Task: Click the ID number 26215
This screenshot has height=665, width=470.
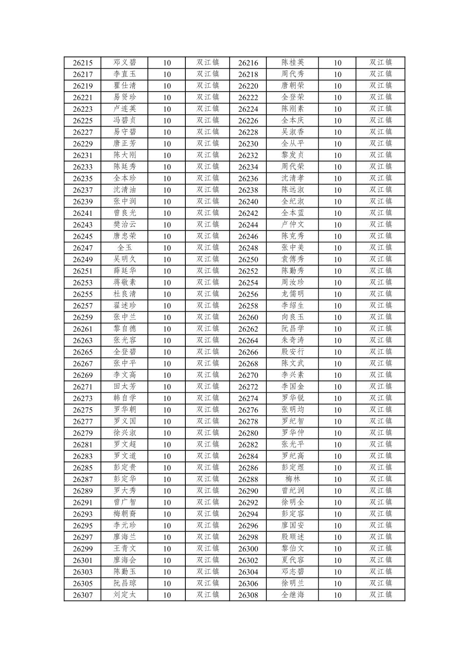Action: click(x=83, y=63)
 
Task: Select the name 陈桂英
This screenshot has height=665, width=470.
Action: click(x=292, y=63)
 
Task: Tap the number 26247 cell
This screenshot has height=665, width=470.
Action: click(x=83, y=248)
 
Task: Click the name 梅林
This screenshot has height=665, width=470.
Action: click(x=292, y=479)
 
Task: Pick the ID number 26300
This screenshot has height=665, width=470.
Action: click(x=248, y=549)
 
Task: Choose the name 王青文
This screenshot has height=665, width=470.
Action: click(x=125, y=549)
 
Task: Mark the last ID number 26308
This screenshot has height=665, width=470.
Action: click(x=248, y=595)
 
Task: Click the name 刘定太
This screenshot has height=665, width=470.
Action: click(x=125, y=595)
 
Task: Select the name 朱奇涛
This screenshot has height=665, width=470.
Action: click(x=292, y=340)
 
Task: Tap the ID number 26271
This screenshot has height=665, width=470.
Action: click(x=83, y=387)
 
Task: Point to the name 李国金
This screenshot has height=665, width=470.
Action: click(x=292, y=387)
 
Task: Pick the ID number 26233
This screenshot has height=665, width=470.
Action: click(x=83, y=167)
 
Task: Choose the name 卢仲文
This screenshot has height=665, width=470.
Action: click(x=292, y=225)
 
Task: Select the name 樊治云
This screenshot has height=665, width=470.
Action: click(x=125, y=225)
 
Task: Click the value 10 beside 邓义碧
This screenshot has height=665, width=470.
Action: click(x=167, y=63)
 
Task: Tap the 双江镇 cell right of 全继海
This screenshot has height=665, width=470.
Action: click(x=380, y=595)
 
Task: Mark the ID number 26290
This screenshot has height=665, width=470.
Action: click(x=248, y=491)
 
